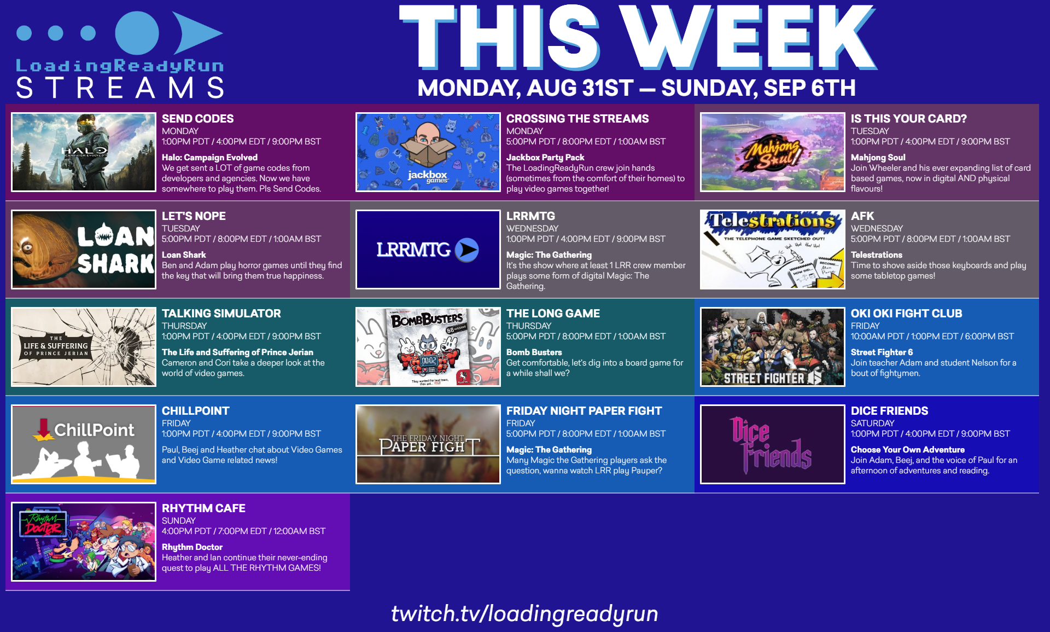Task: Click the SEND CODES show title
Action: [x=197, y=119]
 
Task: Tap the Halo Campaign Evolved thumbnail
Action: [x=84, y=152]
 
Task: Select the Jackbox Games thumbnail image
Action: [x=428, y=152]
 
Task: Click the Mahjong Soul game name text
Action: [x=878, y=158]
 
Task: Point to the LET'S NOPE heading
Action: [x=194, y=216]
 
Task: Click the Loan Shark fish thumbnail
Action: [x=84, y=250]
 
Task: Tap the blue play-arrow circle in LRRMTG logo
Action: [x=467, y=250]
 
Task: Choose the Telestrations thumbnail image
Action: [x=773, y=250]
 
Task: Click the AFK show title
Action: [x=862, y=216]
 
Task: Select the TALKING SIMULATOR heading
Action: [x=221, y=314]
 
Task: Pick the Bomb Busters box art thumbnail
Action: [x=428, y=347]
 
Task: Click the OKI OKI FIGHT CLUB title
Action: [x=906, y=314]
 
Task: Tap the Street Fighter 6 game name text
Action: [x=882, y=352]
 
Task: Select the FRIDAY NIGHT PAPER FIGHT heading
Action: [x=584, y=411]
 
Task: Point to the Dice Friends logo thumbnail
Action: [x=773, y=444]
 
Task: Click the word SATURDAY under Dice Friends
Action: [x=873, y=424]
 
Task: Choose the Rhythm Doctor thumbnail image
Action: [x=84, y=542]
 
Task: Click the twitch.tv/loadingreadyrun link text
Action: [x=524, y=614]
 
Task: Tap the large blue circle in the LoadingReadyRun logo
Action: [x=137, y=33]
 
